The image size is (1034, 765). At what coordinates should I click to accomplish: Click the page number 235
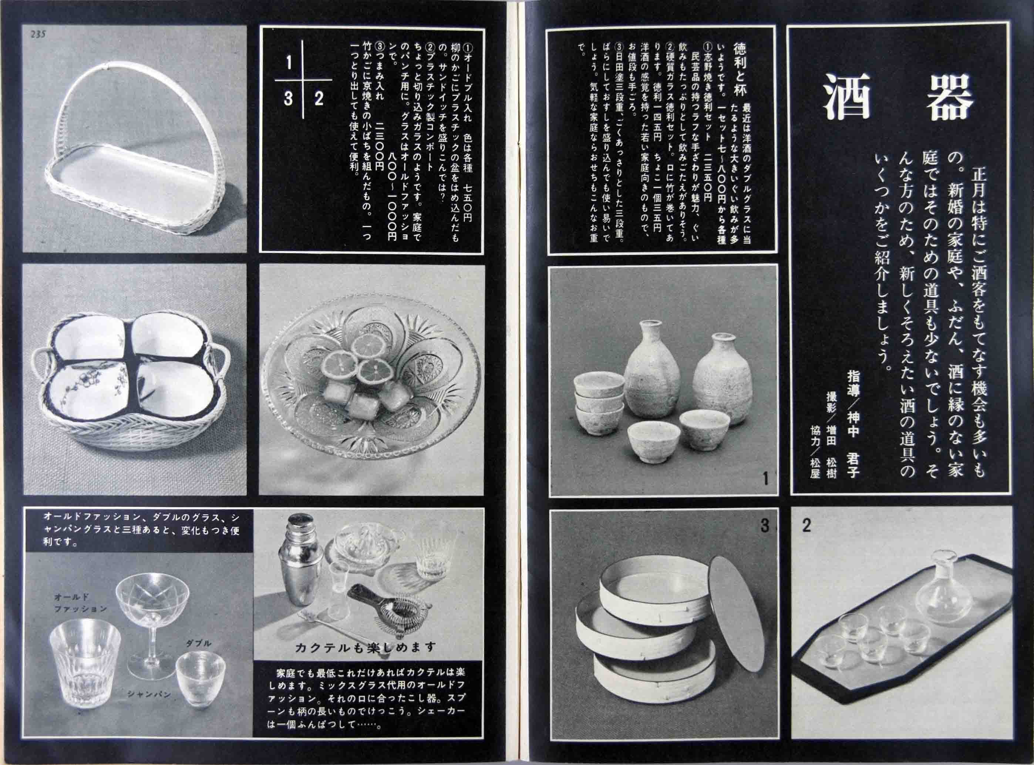tap(38, 35)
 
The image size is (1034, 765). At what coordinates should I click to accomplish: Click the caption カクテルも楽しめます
tap(366, 647)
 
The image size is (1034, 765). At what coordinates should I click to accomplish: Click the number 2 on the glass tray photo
tap(806, 526)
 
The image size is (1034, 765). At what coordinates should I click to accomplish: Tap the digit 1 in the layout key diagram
tap(289, 63)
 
